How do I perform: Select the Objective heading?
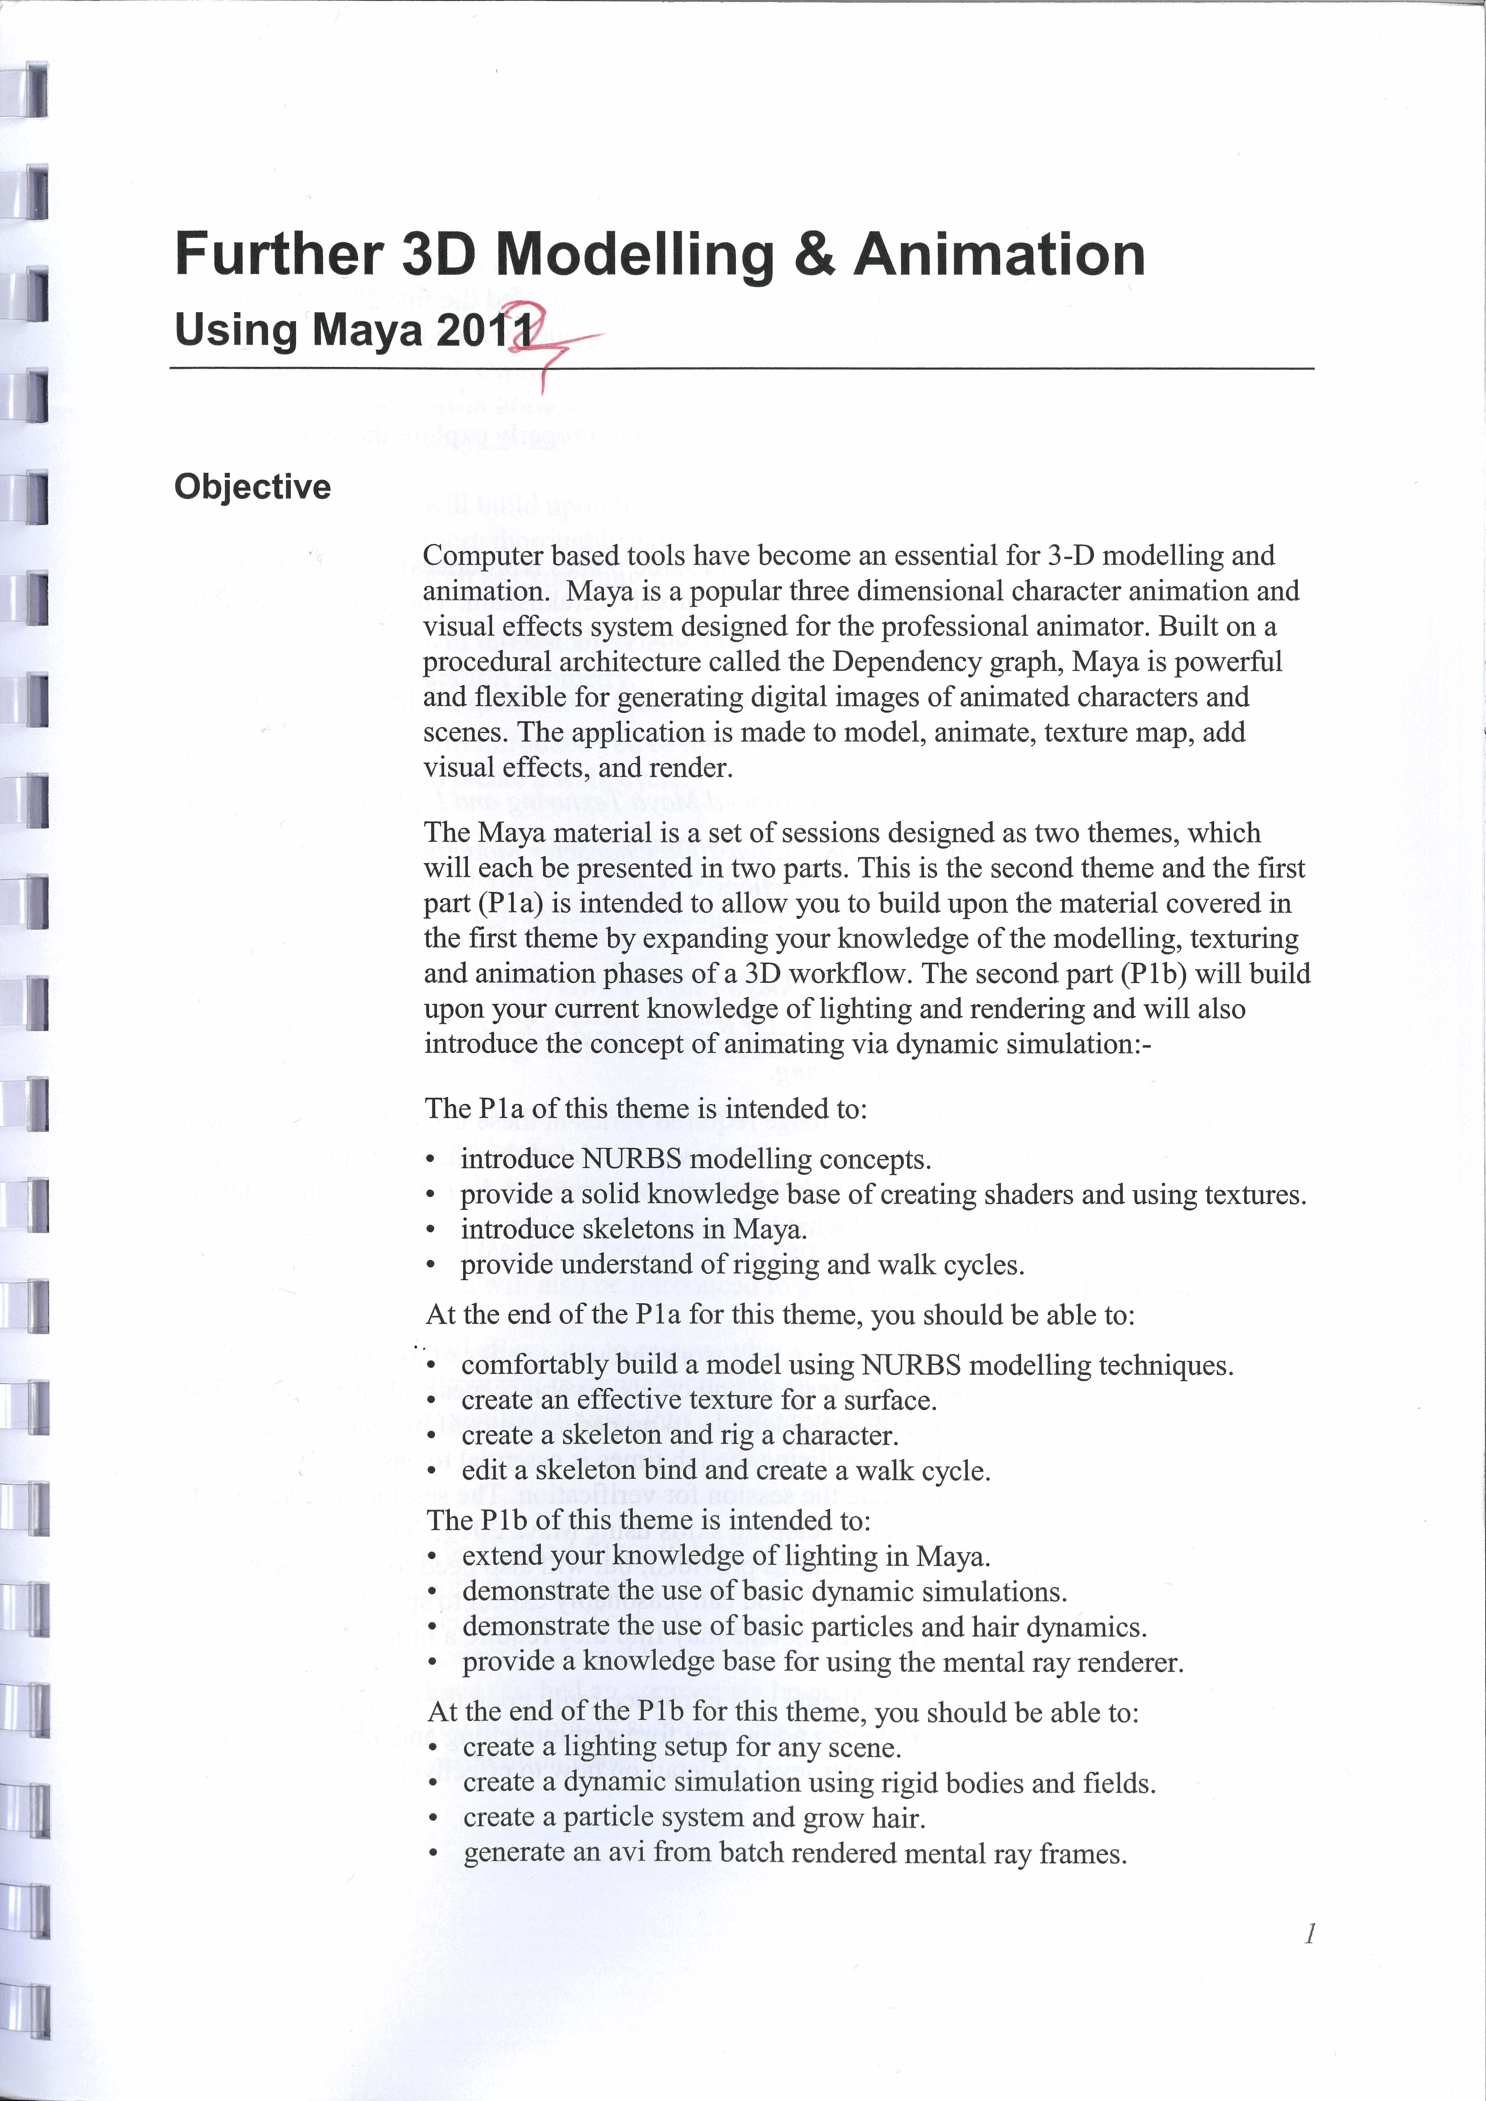(x=253, y=487)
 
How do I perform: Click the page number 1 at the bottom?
(x=1310, y=1933)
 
